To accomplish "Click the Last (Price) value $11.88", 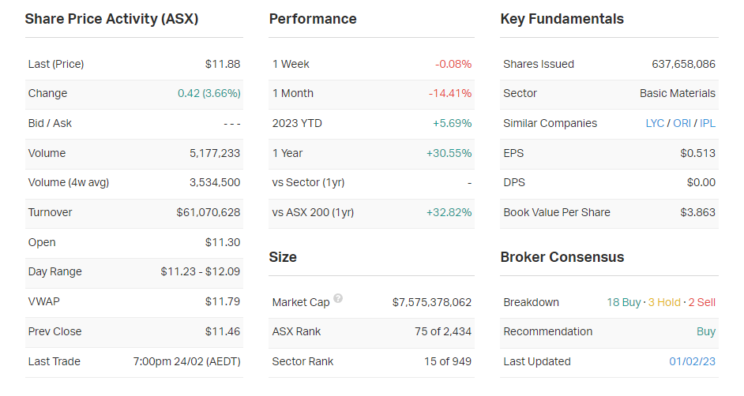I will click(x=222, y=64).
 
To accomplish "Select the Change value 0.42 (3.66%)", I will click(x=209, y=93).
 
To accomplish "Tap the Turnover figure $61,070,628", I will click(x=209, y=212).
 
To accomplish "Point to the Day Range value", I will click(x=200, y=271).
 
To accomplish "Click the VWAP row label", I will click(x=43, y=301).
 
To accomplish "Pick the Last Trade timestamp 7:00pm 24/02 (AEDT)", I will click(x=186, y=361).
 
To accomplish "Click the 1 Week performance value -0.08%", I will click(x=453, y=64).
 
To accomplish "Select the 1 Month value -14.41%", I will click(x=450, y=93).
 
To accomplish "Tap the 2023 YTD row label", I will click(x=297, y=123).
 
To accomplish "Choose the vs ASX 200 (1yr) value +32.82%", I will click(x=449, y=212).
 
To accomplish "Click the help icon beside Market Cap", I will click(x=338, y=299).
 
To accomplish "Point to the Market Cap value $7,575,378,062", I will click(x=431, y=302).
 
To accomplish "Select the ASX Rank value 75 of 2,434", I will click(x=443, y=331).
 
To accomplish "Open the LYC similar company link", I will click(x=655, y=123).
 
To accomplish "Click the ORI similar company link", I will click(x=682, y=123).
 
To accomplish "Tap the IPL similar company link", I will click(x=708, y=123).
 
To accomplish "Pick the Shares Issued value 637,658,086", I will click(x=683, y=64).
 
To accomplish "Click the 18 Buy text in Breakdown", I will click(x=623, y=302).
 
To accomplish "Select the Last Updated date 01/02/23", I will click(x=692, y=361).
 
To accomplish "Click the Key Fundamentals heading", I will click(x=562, y=19).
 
